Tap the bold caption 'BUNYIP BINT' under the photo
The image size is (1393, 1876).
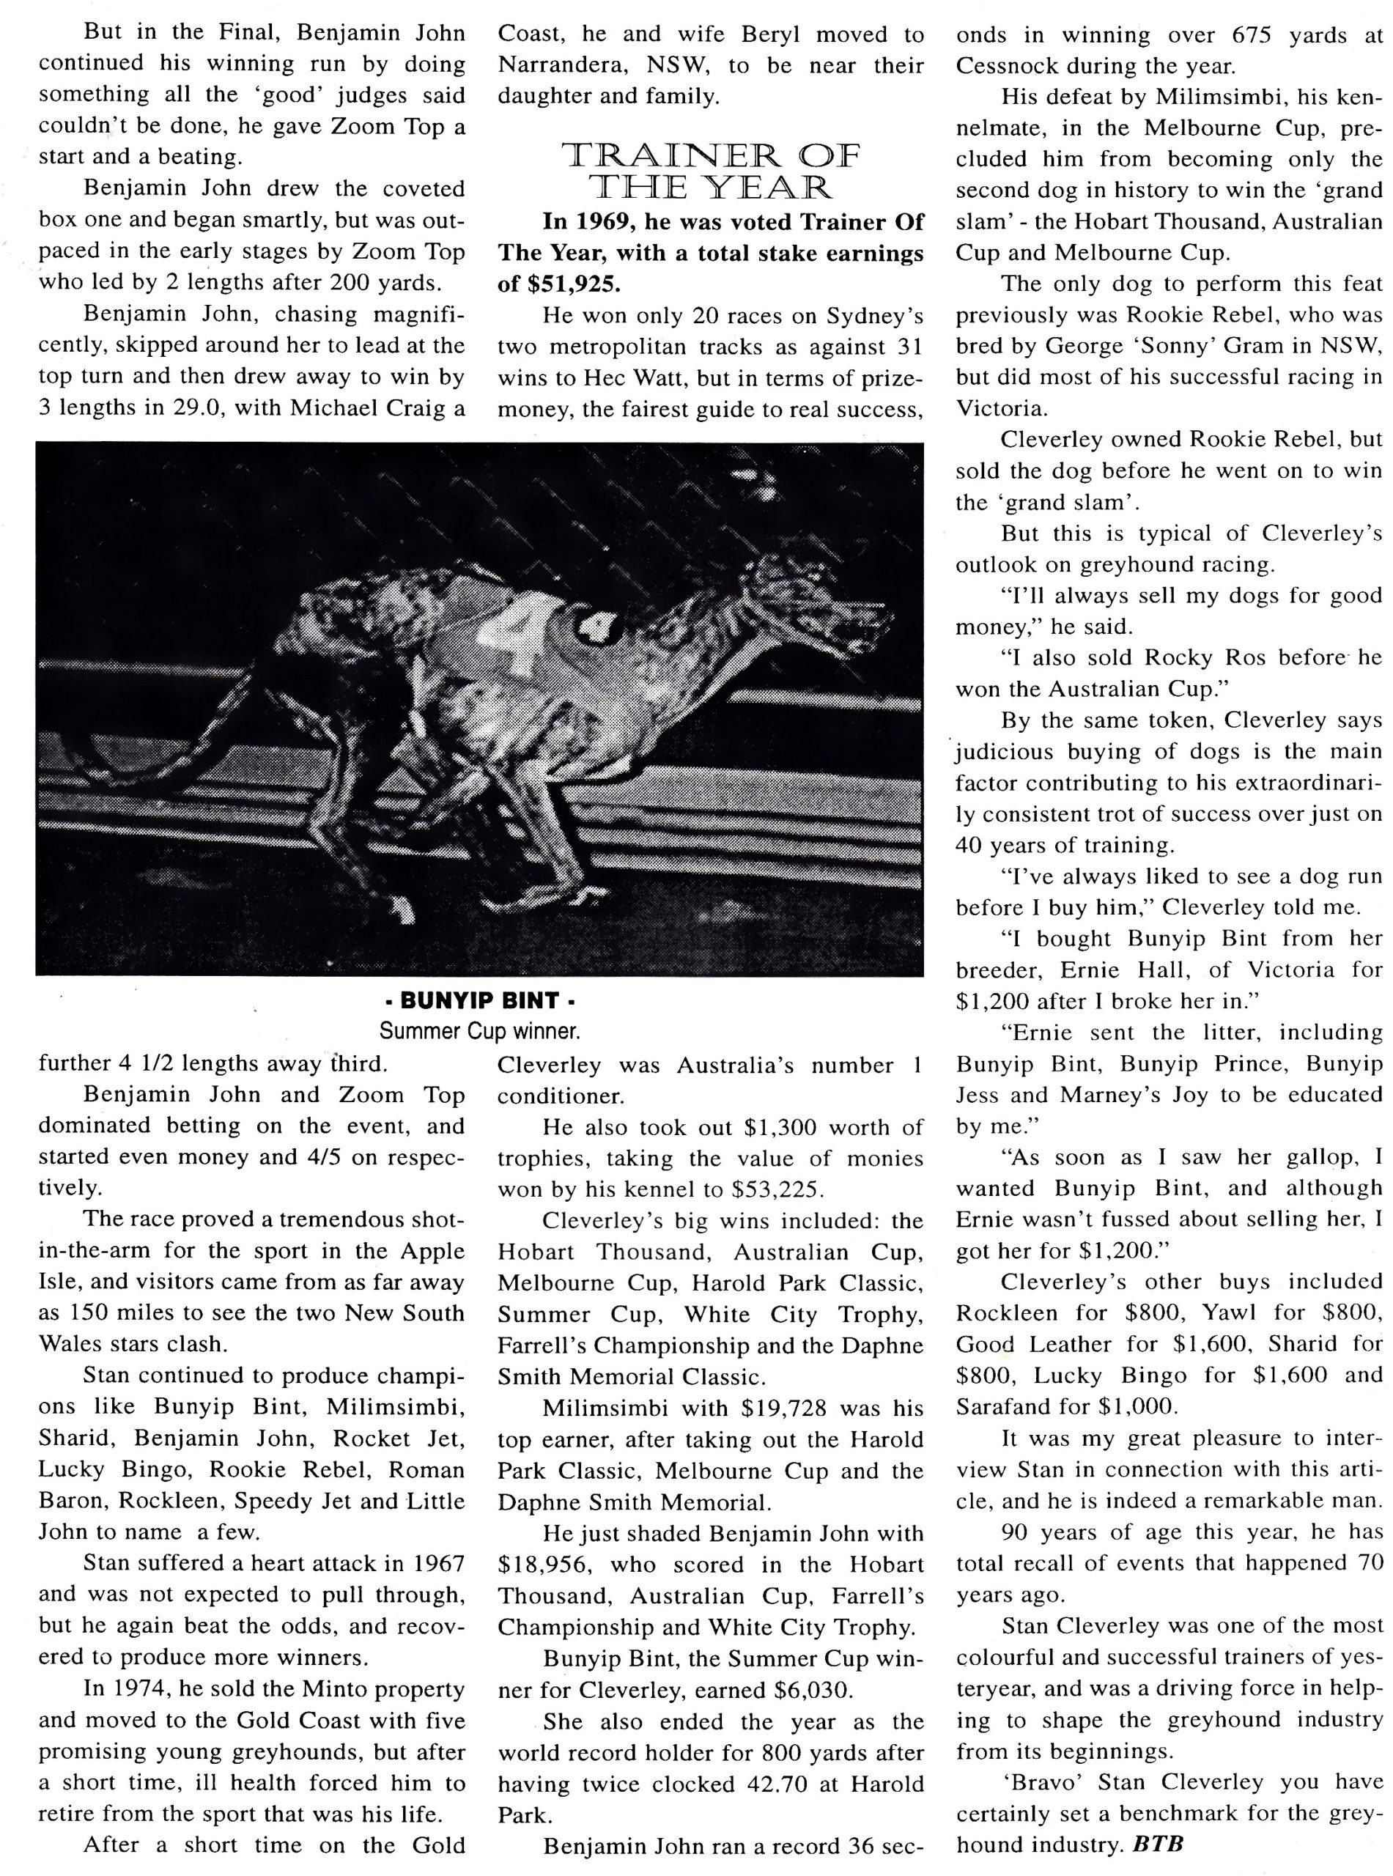tap(479, 1001)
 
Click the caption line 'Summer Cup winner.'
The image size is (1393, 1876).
tap(479, 1031)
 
